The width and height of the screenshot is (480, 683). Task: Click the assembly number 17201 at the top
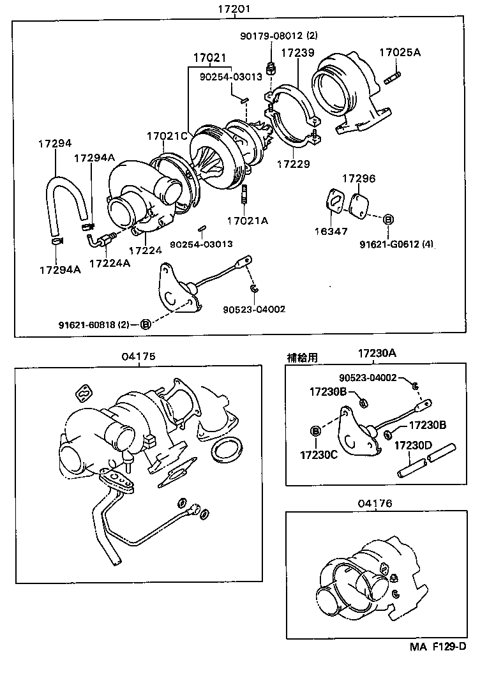232,10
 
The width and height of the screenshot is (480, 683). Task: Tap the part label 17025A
400,53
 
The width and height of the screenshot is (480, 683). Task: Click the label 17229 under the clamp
293,164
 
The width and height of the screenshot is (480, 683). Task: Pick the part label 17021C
167,136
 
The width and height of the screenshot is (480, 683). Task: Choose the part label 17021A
248,221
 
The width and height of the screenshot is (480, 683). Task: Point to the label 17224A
109,263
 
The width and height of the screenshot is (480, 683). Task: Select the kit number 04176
375,503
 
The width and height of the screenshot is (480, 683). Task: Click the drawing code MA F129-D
438,646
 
